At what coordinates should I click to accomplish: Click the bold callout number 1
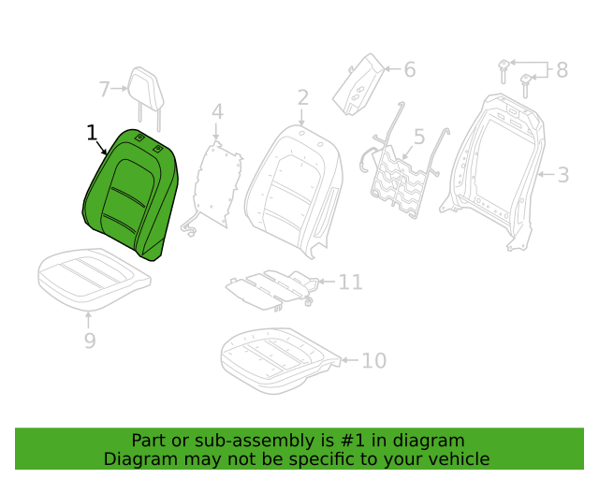pos(92,133)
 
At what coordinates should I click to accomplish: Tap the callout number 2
pos(303,97)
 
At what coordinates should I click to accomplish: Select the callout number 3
pos(563,175)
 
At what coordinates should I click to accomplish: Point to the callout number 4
pos(217,111)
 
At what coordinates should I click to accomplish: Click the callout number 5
pos(419,137)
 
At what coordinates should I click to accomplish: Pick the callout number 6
pos(410,69)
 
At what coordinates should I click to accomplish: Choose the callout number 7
pos(104,89)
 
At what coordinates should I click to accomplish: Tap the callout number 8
pos(562,70)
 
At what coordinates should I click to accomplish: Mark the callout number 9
pos(90,341)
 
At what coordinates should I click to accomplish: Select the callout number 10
pos(374,360)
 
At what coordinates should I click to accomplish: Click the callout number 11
pos(350,283)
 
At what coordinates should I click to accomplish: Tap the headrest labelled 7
pos(146,98)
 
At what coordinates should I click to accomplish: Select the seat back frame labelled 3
pos(493,171)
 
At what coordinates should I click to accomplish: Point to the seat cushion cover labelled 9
pos(95,279)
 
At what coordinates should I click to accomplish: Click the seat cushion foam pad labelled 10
pos(281,360)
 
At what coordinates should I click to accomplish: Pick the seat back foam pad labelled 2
pos(293,191)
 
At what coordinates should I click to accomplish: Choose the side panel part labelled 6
pos(358,84)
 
